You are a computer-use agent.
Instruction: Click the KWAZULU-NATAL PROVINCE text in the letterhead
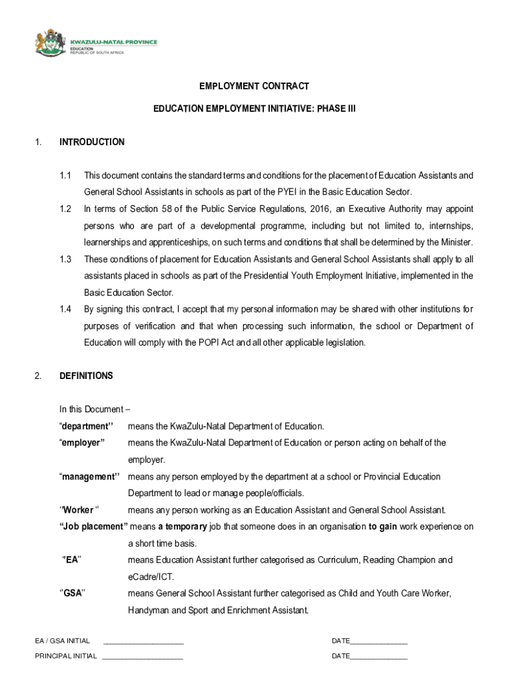113,41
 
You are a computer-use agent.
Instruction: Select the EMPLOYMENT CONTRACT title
255,87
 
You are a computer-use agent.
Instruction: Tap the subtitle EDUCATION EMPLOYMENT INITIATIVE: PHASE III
255,107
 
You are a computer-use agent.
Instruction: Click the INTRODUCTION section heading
92,142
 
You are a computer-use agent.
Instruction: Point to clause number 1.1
65,176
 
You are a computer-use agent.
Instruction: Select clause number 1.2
65,209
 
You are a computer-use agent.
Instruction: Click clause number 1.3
65,259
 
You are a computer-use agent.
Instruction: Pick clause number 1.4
65,309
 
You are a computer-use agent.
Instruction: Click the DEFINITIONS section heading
86,376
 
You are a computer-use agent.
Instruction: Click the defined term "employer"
82,443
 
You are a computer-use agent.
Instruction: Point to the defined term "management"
89,476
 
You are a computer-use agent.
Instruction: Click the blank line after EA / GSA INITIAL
143,642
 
